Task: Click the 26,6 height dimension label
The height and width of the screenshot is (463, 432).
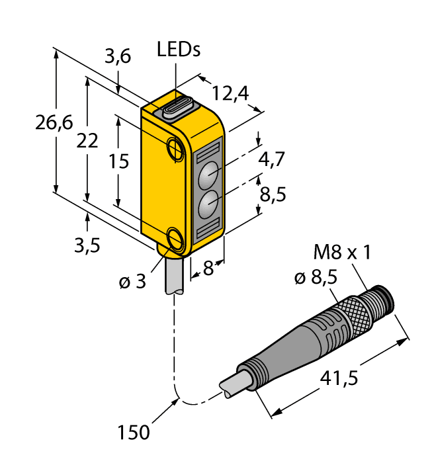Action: tap(54, 123)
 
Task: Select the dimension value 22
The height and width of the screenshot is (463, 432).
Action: tap(88, 140)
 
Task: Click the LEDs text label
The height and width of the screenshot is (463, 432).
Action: tap(179, 49)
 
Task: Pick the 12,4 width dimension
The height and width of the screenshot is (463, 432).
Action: tap(230, 94)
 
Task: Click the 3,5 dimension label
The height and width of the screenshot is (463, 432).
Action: tap(87, 245)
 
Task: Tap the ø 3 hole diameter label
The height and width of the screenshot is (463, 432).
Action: tap(132, 282)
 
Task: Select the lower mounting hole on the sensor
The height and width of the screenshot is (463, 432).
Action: tap(177, 238)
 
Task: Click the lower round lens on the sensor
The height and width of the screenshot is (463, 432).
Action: tap(209, 205)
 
